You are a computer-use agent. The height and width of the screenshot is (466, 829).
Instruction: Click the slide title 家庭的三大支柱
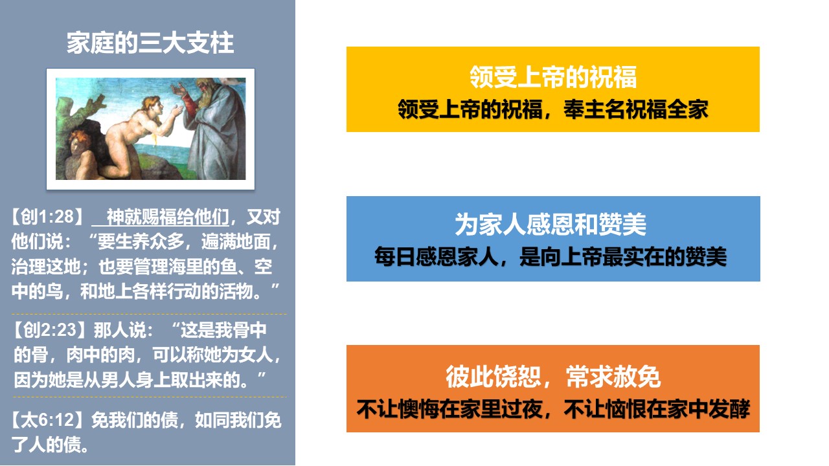coord(150,43)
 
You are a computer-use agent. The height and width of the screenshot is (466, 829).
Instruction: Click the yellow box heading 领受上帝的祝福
coord(553,77)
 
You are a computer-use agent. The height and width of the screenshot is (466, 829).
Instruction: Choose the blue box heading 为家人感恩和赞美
coord(551,224)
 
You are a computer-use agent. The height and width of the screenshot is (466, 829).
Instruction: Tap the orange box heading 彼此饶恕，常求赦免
coord(553,377)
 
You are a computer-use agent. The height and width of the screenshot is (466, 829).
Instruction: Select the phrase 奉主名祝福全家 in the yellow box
coord(636,109)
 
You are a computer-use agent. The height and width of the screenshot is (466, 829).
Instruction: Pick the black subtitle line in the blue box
coord(551,256)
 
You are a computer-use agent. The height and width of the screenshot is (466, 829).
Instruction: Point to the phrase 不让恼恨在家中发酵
coord(657,409)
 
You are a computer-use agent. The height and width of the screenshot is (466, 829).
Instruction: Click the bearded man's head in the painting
coord(205,90)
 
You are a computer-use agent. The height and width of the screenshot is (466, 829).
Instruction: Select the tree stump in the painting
coord(80,111)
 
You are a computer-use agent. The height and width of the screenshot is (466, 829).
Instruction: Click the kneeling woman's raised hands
coord(177,100)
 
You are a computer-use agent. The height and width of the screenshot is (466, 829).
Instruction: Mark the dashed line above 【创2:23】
coord(149,314)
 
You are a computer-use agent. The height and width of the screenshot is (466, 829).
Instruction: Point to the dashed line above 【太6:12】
coord(149,397)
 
